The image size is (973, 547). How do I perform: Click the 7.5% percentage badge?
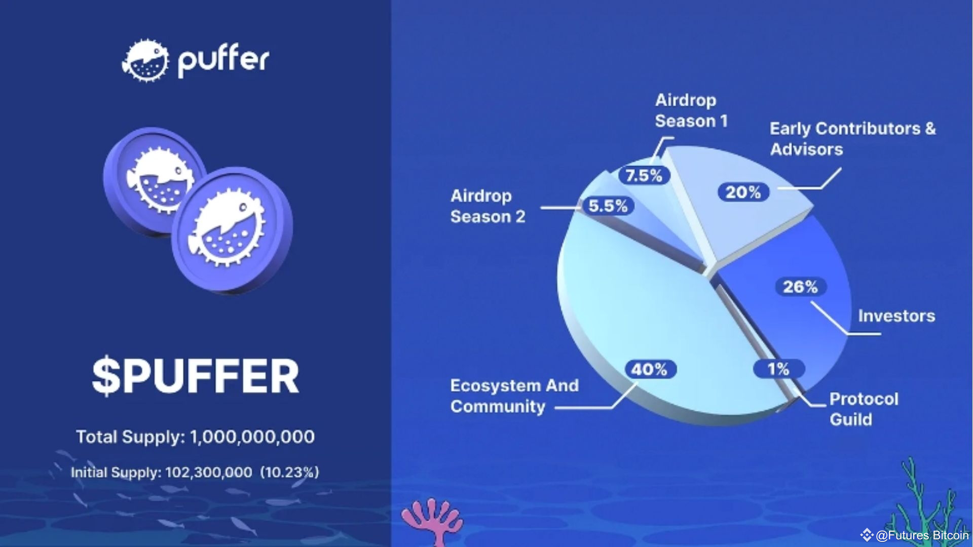pos(644,176)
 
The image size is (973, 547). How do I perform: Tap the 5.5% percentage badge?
pos(608,206)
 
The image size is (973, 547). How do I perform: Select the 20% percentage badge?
pos(743,192)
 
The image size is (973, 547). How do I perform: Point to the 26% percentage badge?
pos(800,287)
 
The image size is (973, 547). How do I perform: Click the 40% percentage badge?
pos(649,369)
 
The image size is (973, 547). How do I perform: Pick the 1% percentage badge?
pos(778,369)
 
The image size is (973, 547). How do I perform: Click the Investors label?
pos(896,316)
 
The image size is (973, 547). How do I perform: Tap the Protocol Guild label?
pos(863,409)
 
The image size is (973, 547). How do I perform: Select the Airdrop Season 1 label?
pos(691,110)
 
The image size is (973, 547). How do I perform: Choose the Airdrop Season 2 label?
pos(488,206)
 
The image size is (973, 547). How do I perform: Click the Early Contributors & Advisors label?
pos(852,139)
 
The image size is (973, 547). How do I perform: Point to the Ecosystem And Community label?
pos(514,396)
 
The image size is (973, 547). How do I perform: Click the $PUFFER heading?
pos(196,376)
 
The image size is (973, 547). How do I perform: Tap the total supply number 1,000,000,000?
pos(252,437)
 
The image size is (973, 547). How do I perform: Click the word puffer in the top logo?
pos(223,60)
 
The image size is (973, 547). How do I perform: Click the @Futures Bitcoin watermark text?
pos(921,535)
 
